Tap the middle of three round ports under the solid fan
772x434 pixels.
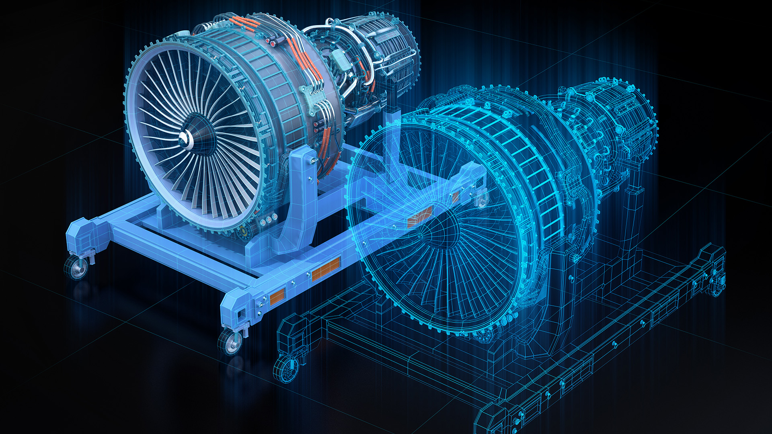(x=268, y=219)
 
